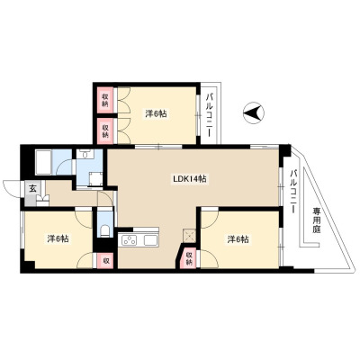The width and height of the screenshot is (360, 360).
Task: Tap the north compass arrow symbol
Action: (x=254, y=113)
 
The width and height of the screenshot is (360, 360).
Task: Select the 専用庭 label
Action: (x=318, y=220)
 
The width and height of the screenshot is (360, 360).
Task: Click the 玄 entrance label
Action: (x=32, y=189)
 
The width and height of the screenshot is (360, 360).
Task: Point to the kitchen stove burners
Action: (x=129, y=240)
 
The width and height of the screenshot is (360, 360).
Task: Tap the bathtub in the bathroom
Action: (x=44, y=162)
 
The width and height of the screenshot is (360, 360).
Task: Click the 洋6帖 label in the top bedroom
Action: (x=156, y=113)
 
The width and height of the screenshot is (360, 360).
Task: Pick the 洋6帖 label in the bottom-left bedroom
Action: (x=58, y=238)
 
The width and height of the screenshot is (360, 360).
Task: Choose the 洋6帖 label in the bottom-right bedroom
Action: (x=238, y=239)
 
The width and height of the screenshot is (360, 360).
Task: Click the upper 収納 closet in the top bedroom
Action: (x=105, y=100)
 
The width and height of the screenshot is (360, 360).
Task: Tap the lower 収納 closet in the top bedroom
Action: (x=105, y=130)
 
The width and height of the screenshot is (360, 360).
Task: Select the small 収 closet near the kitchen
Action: (x=105, y=260)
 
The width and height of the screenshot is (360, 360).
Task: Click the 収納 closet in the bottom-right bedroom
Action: (x=188, y=258)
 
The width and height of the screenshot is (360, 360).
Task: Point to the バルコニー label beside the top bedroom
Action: (x=210, y=115)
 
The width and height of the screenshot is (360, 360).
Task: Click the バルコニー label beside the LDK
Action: (x=293, y=191)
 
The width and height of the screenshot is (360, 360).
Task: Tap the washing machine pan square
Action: (x=96, y=179)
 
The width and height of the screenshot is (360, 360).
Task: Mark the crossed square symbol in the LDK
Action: (x=189, y=235)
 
